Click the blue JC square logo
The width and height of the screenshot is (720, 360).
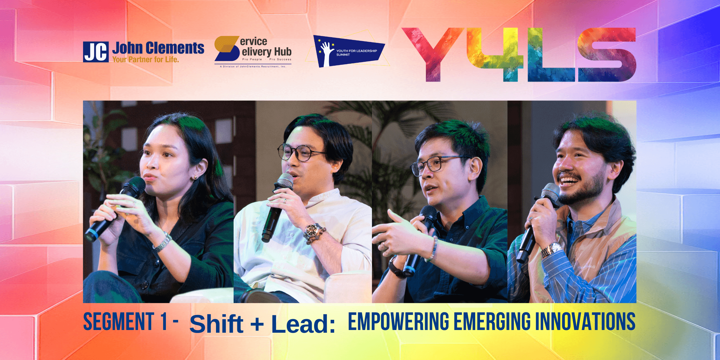96,52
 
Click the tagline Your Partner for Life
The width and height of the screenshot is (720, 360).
145,59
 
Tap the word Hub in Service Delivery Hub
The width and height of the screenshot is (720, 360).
283,52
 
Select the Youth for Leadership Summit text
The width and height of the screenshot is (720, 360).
356,52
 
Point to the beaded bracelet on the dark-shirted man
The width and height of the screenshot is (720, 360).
433,248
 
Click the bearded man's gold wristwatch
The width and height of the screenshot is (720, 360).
551,250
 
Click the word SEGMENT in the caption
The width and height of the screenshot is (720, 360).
119,321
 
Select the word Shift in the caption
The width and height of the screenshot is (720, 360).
216,324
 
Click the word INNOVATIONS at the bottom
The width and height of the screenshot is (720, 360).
585,321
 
